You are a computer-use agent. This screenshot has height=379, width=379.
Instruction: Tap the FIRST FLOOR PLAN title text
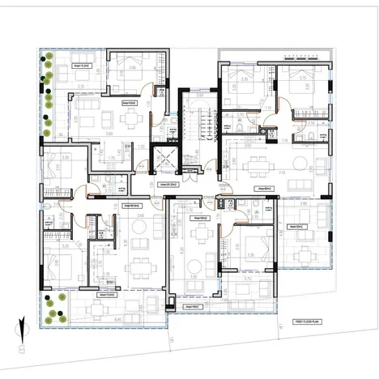tap(309, 322)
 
